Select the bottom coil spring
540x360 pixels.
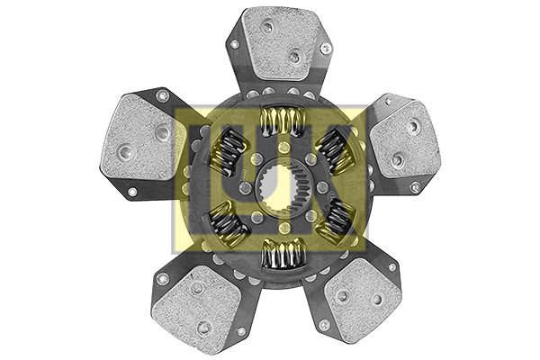click(x=284, y=254)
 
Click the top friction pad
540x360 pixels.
click(x=280, y=46)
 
